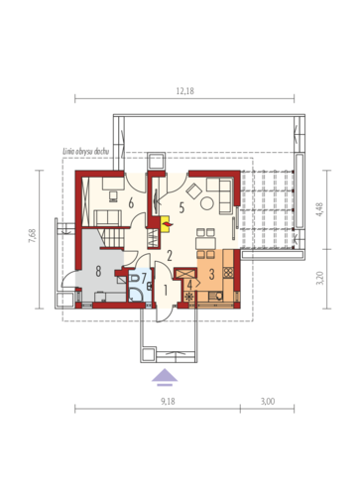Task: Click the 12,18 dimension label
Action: click(x=184, y=91)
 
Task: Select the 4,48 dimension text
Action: click(x=320, y=209)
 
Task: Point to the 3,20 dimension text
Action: click(x=320, y=278)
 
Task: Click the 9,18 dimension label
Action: click(x=168, y=402)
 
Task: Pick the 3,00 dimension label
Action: click(x=268, y=402)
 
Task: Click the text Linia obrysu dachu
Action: click(x=86, y=152)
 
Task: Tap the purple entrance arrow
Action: click(x=165, y=378)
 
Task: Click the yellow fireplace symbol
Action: click(x=165, y=224)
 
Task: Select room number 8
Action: click(x=98, y=272)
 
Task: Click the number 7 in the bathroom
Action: click(x=144, y=278)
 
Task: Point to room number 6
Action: click(x=131, y=203)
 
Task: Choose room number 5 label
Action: click(x=181, y=208)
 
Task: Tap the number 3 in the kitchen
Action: click(x=211, y=274)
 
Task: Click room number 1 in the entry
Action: click(x=166, y=291)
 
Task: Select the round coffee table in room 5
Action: click(x=207, y=203)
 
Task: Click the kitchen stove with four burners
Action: click(x=228, y=273)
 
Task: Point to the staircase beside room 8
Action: click(x=111, y=237)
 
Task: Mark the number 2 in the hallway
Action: click(x=170, y=256)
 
